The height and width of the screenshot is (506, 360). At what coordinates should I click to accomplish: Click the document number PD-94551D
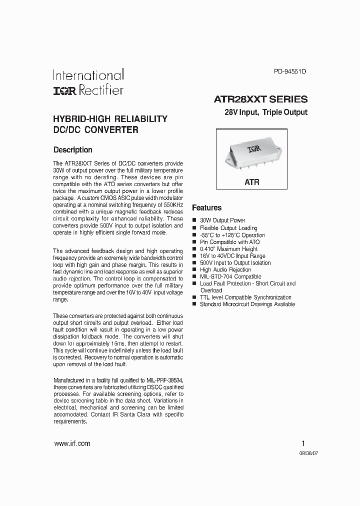point(289,71)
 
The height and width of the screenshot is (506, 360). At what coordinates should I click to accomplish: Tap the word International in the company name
point(88,75)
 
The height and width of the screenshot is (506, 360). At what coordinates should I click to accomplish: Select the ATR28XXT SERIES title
point(260,99)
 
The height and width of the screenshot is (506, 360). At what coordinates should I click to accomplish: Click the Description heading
point(72,149)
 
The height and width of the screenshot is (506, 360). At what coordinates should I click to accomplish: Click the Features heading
point(206,207)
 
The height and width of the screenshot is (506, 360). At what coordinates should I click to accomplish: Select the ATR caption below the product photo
point(252,182)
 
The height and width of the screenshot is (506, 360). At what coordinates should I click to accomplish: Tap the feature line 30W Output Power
point(222,220)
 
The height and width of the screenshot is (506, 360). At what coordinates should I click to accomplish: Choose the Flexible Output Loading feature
point(228,228)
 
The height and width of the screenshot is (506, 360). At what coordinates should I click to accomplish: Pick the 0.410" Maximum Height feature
point(228,249)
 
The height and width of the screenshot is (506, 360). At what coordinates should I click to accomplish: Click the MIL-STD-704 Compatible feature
point(230,276)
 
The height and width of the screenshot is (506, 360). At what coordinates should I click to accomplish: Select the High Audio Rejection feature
point(225,269)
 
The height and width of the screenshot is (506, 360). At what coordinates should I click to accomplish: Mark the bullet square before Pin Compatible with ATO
point(194,242)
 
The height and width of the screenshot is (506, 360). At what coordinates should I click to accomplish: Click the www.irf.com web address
point(71,443)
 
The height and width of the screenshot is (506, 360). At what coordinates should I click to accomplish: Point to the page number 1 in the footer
point(303,443)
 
